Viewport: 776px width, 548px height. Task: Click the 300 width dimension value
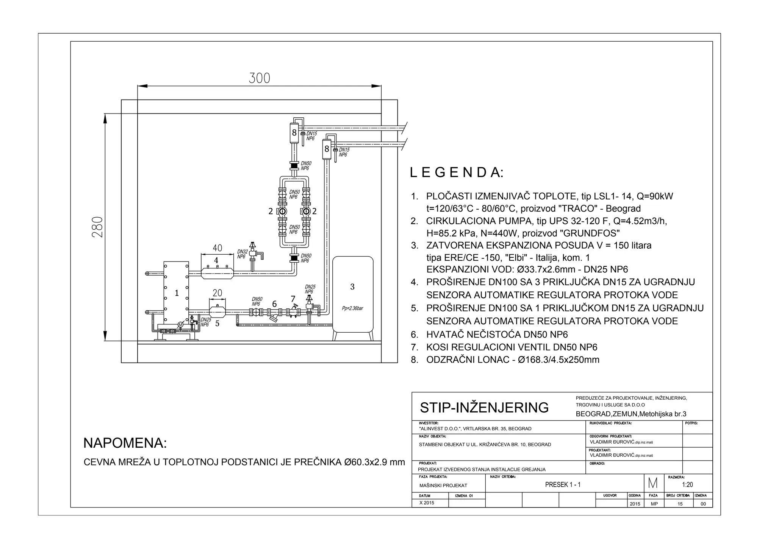tap(260, 78)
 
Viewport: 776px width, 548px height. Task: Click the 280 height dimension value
tap(97, 227)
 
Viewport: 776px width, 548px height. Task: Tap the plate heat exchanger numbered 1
tap(177, 293)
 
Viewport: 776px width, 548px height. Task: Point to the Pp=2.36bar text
tap(352, 308)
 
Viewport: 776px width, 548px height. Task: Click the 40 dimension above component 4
tap(217, 248)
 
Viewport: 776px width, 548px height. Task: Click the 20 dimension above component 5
tap(217, 293)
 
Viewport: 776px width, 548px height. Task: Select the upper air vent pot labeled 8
tap(294, 133)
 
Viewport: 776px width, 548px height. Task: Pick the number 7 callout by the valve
tap(293, 299)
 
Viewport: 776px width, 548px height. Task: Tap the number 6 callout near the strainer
tap(274, 304)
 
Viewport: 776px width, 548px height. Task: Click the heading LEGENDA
tap(457, 173)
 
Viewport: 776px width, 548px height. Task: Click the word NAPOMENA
tap(125, 443)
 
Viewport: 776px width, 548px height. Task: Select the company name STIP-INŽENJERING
tap(484, 408)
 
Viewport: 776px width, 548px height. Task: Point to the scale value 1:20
tap(687, 485)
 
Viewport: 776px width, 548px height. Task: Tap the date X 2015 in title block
tap(427, 503)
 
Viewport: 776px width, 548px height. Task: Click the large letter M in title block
tap(653, 483)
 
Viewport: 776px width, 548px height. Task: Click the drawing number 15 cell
tap(680, 504)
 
